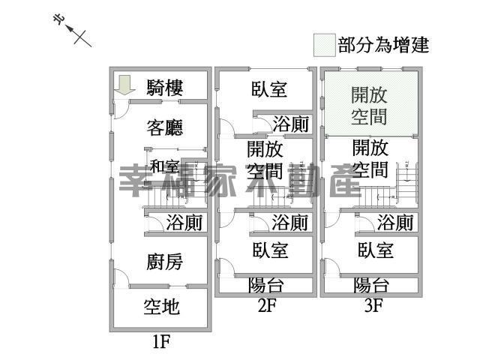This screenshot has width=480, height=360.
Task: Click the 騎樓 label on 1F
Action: click(165, 87)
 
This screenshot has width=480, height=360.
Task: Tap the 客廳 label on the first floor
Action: click(165, 127)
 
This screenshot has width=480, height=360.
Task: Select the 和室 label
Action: click(164, 166)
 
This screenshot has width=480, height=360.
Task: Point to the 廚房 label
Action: click(164, 262)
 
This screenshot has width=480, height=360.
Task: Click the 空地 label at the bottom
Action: click(162, 307)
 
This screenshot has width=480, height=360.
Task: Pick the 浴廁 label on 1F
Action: click(184, 223)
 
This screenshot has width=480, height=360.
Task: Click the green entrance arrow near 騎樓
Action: click(124, 84)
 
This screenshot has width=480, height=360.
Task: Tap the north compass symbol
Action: click(76, 31)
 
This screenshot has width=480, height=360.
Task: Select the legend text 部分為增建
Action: click(383, 44)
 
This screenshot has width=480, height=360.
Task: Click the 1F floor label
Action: click(162, 343)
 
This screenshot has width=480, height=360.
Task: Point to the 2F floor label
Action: click(267, 305)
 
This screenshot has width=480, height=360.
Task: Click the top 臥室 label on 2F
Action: click(269, 90)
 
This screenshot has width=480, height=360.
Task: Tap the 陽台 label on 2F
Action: click(265, 285)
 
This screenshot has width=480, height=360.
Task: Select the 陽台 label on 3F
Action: click(371, 285)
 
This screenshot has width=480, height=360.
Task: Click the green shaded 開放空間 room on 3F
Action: click(370, 104)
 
